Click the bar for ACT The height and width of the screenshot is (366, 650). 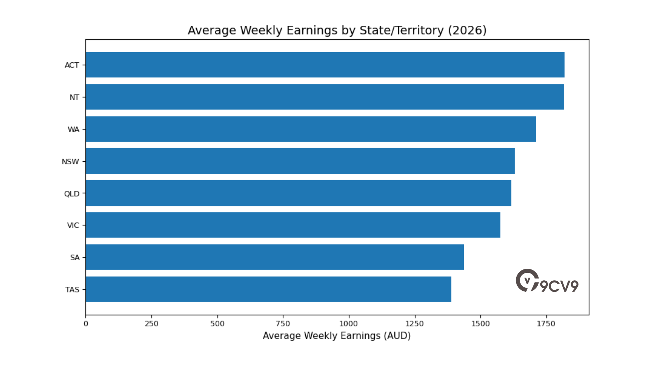325,65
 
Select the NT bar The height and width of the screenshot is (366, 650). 325,97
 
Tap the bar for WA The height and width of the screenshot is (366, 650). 311,129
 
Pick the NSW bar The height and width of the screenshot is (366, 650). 300,161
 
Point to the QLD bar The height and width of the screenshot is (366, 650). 298,193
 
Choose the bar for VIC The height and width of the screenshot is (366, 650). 293,225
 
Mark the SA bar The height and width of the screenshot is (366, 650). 275,257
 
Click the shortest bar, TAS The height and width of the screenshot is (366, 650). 268,289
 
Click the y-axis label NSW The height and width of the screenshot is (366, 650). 70,162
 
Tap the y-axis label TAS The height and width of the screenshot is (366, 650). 72,290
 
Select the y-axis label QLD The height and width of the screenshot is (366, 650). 71,194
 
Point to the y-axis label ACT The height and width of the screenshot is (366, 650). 71,65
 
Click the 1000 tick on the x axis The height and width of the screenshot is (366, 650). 348,324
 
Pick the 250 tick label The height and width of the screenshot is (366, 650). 151,324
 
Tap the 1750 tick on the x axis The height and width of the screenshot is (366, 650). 546,324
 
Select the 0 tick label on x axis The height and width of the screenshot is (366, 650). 86,324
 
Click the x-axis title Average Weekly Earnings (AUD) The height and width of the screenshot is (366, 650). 337,336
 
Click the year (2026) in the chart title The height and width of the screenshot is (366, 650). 467,30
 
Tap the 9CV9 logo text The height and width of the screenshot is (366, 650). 559,286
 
